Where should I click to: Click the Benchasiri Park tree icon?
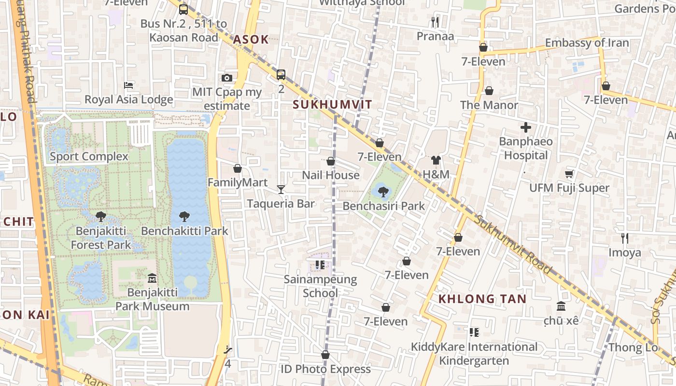pyautogui.click(x=383, y=192)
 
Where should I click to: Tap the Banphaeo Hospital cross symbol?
pyautogui.click(x=526, y=127)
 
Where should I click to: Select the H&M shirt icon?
pyautogui.click(x=436, y=160)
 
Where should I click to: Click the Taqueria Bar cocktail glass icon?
pyautogui.click(x=281, y=189)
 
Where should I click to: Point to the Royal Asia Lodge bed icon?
pyautogui.click(x=128, y=85)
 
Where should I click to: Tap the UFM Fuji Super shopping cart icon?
pyautogui.click(x=569, y=174)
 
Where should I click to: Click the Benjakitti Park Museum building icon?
pyautogui.click(x=152, y=278)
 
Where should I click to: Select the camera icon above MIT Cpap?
pyautogui.click(x=227, y=78)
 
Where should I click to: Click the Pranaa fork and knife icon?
pyautogui.click(x=435, y=22)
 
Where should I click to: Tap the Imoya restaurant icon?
pyautogui.click(x=625, y=238)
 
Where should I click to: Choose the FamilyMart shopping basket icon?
pyautogui.click(x=238, y=168)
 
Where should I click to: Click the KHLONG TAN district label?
pyautogui.click(x=482, y=299)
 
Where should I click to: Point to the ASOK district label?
pyautogui.click(x=251, y=40)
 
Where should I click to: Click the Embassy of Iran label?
pyautogui.click(x=587, y=43)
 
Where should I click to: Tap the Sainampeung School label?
pyautogui.click(x=320, y=286)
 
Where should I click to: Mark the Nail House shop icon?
pyautogui.click(x=331, y=161)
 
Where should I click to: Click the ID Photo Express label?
pyautogui.click(x=325, y=369)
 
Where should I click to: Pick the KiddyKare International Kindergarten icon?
pyautogui.click(x=474, y=332)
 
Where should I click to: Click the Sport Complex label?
pyautogui.click(x=89, y=156)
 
